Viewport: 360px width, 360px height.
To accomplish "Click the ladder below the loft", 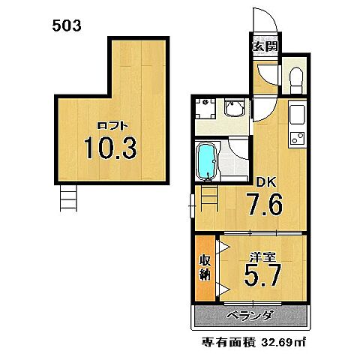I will (x=68, y=199).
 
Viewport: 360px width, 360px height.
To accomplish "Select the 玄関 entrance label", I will (x=265, y=46).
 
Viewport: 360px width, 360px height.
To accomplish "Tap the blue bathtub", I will (x=207, y=159).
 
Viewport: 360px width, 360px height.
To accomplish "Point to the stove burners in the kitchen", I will (x=295, y=139).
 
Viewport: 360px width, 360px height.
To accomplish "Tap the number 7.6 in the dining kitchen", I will (x=263, y=204).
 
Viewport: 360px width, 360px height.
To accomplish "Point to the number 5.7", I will (x=262, y=279).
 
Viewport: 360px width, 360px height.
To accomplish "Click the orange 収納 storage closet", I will (x=204, y=267).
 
